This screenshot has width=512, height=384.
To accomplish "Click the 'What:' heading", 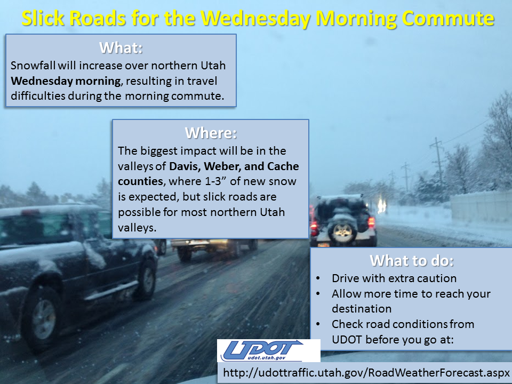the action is point(121,47).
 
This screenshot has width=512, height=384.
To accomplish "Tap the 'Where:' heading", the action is point(211,133).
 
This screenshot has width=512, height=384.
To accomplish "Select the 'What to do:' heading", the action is point(411,261).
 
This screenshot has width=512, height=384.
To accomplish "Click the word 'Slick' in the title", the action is point(42,18).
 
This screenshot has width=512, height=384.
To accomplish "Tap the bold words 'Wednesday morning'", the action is point(66,81).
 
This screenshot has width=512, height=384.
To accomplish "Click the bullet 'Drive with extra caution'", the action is point(394,278).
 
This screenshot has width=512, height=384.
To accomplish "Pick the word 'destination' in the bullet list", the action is point(362,309).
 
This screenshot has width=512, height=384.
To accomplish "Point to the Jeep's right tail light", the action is point(371,222).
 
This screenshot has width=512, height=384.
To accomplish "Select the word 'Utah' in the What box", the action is point(213,65).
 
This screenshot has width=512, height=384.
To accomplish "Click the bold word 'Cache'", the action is point(283,166).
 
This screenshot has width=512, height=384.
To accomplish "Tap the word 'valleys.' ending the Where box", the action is point(137,228).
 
